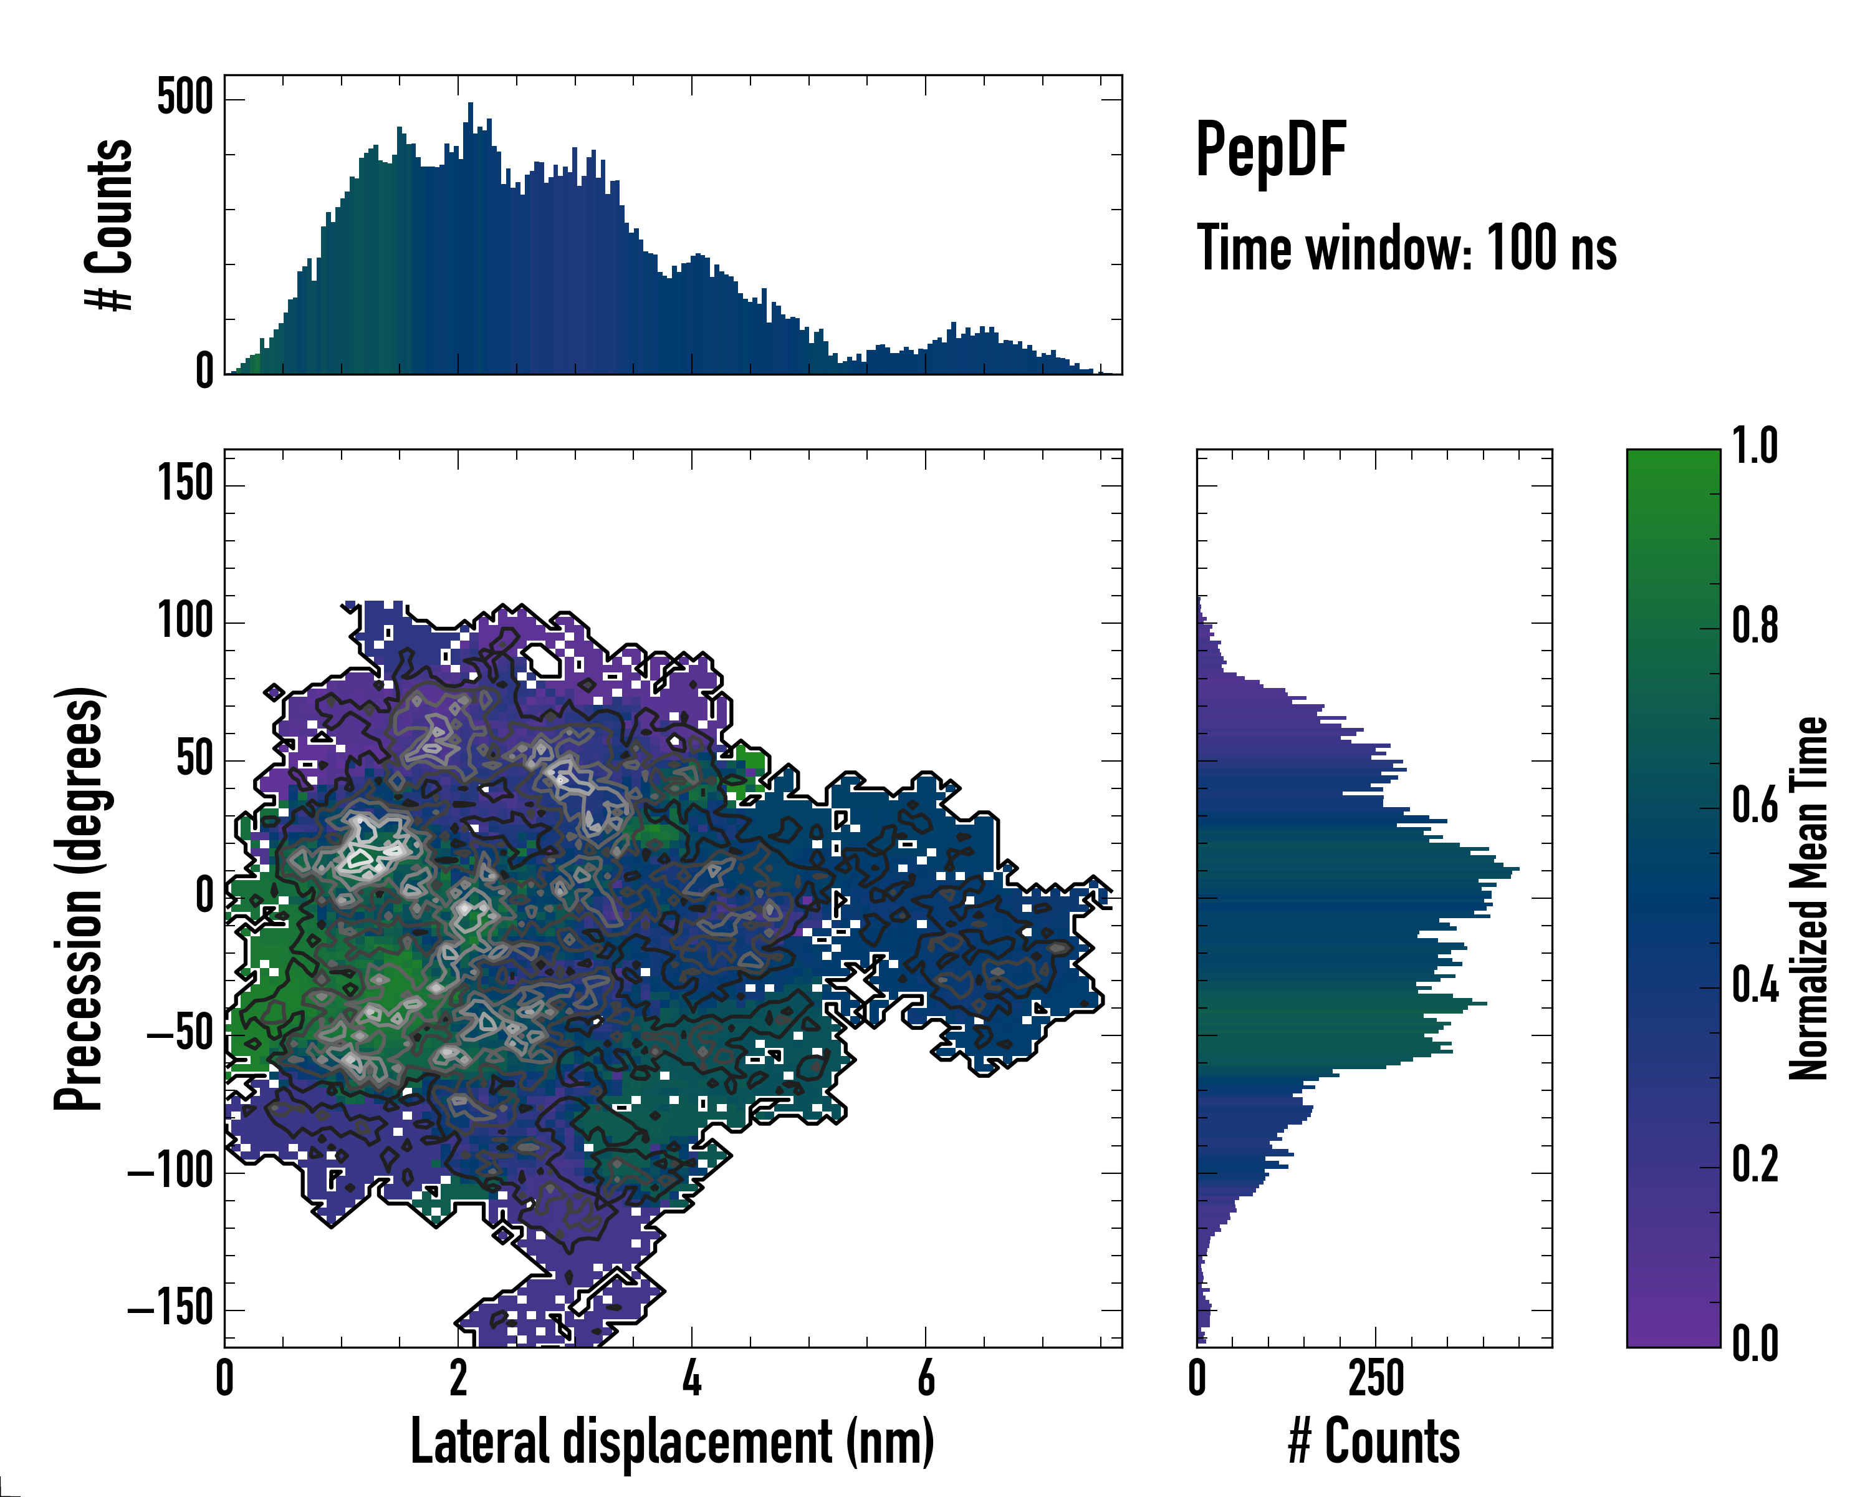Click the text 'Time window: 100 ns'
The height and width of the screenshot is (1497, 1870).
click(x=1406, y=248)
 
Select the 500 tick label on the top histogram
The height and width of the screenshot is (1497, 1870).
click(x=185, y=97)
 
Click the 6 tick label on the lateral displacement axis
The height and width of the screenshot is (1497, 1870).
click(x=926, y=1378)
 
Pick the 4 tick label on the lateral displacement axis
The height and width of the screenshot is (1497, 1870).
click(x=691, y=1378)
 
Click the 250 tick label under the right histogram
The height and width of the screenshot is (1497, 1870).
click(x=1376, y=1378)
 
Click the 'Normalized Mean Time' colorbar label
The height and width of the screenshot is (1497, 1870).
click(x=1808, y=898)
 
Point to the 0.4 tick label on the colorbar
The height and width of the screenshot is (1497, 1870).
click(x=1755, y=986)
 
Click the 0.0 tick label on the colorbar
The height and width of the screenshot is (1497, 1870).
click(x=1755, y=1344)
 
